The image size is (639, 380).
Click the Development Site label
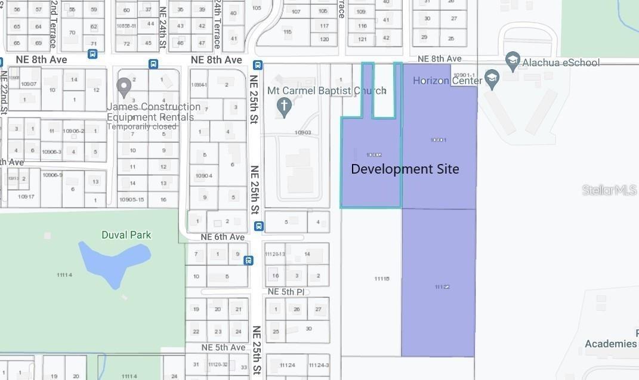(405, 169)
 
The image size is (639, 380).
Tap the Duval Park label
(127, 235)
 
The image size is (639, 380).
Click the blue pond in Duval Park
(113, 259)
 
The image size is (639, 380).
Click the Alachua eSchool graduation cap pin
(512, 60)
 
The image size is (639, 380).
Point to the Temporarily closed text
(141, 126)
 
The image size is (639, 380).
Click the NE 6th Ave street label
(223, 237)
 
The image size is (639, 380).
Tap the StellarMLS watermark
(609, 190)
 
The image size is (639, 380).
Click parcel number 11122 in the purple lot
(442, 287)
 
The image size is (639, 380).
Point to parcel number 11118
(382, 279)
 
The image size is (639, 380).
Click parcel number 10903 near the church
(302, 132)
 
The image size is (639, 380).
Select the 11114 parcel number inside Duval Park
(64, 274)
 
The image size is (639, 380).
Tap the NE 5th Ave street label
(223, 347)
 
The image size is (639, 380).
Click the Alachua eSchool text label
(561, 62)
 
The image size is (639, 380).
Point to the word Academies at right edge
(610, 344)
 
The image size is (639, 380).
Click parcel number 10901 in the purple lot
(438, 140)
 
